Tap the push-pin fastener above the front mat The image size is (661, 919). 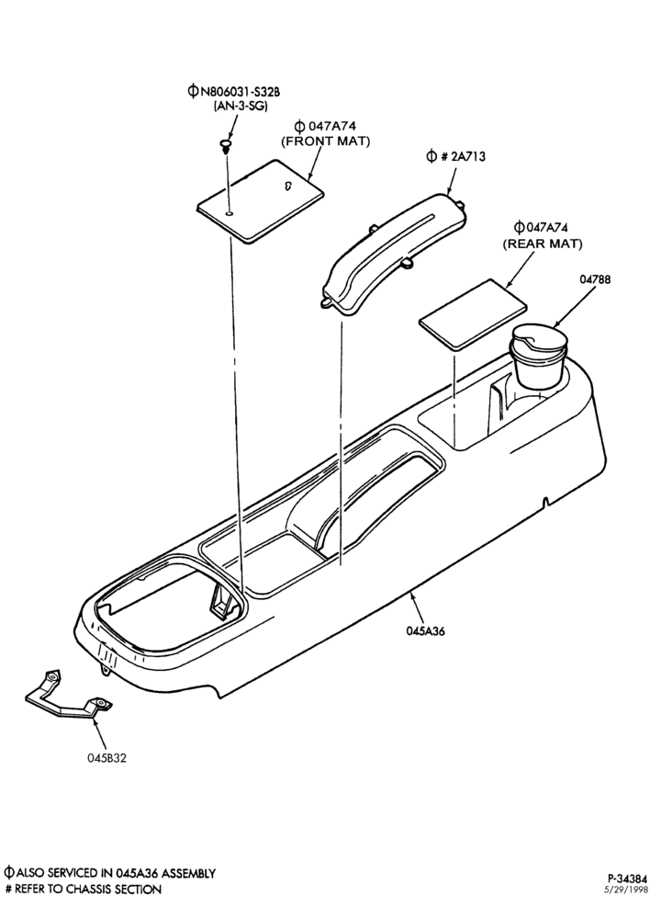pos(226,145)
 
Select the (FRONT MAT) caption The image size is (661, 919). pos(326,142)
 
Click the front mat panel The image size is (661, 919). pos(261,199)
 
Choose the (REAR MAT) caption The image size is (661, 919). pos(543,244)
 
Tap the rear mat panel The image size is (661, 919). pos(473,314)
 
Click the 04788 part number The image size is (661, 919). pos(595,279)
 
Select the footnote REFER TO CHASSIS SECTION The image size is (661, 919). pos(87,890)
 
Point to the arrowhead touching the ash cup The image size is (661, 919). pos(555,324)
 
